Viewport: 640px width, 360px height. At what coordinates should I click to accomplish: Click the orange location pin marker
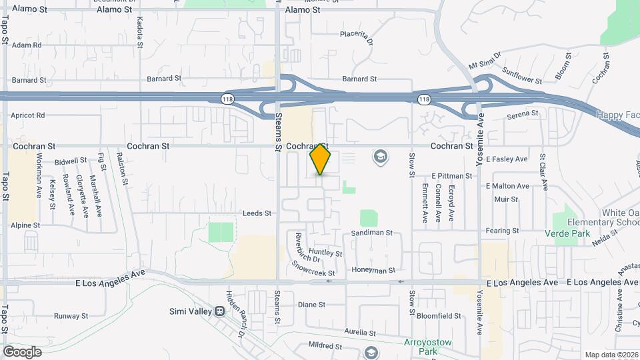(321, 159)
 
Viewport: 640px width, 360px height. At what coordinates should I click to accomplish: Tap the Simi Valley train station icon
(219, 311)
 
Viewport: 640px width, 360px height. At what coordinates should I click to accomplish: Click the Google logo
(22, 351)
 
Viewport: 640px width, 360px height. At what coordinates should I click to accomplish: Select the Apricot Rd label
(28, 115)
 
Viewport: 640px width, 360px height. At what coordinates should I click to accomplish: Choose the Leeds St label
(257, 213)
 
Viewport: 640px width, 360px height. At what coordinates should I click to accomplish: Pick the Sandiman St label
(372, 234)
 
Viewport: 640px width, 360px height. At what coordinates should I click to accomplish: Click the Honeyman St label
(373, 271)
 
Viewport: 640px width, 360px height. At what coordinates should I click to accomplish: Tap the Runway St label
(71, 316)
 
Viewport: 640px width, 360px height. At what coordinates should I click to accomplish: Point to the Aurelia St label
(361, 331)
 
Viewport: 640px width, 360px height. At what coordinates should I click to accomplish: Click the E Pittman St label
(451, 176)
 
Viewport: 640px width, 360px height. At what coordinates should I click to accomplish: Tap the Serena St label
(522, 114)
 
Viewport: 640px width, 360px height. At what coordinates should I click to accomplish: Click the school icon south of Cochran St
(381, 157)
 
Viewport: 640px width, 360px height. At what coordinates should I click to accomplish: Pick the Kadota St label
(140, 37)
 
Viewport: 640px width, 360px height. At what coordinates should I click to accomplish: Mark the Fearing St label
(503, 231)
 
